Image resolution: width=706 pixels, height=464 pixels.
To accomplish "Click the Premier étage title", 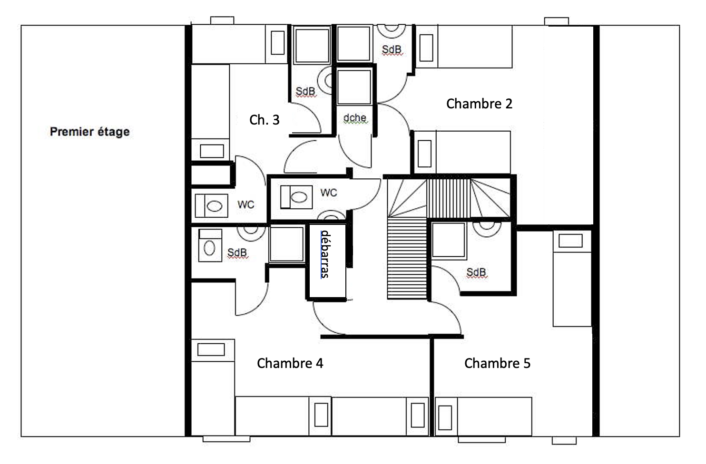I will pyautogui.click(x=89, y=132).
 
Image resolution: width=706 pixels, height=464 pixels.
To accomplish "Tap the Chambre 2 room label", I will pyautogui.click(x=479, y=104).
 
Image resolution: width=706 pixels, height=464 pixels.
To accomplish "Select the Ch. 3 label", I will pyautogui.click(x=264, y=120).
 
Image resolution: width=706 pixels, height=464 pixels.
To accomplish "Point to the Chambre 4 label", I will pyautogui.click(x=290, y=363).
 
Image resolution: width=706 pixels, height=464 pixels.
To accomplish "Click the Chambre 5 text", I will pyautogui.click(x=497, y=363).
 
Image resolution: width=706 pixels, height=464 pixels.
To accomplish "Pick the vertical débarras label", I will pyautogui.click(x=325, y=254).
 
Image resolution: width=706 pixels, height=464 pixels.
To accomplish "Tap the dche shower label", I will pyautogui.click(x=355, y=118).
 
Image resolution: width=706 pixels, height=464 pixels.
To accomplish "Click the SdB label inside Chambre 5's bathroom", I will pyautogui.click(x=476, y=272).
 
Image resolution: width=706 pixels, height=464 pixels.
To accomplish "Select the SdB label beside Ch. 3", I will pyautogui.click(x=305, y=91).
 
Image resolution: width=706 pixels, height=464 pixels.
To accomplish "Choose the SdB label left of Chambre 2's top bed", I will pyautogui.click(x=392, y=49).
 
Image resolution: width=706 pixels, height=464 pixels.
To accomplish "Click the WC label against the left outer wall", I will pyautogui.click(x=245, y=204).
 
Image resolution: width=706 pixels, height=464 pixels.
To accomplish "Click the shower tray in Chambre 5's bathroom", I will pyautogui.click(x=448, y=240).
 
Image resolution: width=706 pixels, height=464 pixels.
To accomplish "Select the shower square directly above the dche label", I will pyautogui.click(x=353, y=87).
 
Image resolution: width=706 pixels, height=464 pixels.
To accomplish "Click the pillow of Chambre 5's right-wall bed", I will pyautogui.click(x=570, y=241).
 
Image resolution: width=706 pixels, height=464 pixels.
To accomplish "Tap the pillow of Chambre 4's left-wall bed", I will pyautogui.click(x=211, y=349).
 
